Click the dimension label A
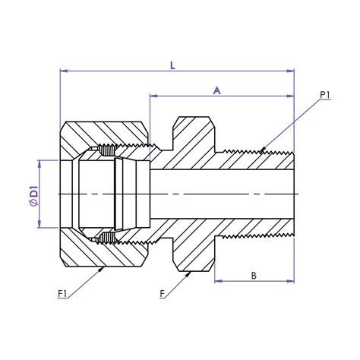[x=216, y=90]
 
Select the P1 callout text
[x=325, y=95]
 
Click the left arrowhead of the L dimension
[x=62, y=72]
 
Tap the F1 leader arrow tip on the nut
[x=104, y=267]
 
